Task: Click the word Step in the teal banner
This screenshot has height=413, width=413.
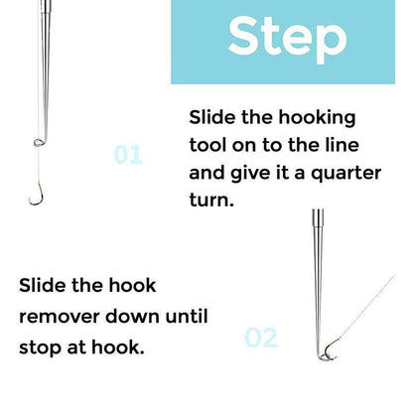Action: click(288, 38)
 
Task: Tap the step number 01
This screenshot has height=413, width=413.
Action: click(128, 155)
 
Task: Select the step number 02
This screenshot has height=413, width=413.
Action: click(260, 338)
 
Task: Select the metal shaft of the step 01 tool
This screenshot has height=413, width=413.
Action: click(37, 60)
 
